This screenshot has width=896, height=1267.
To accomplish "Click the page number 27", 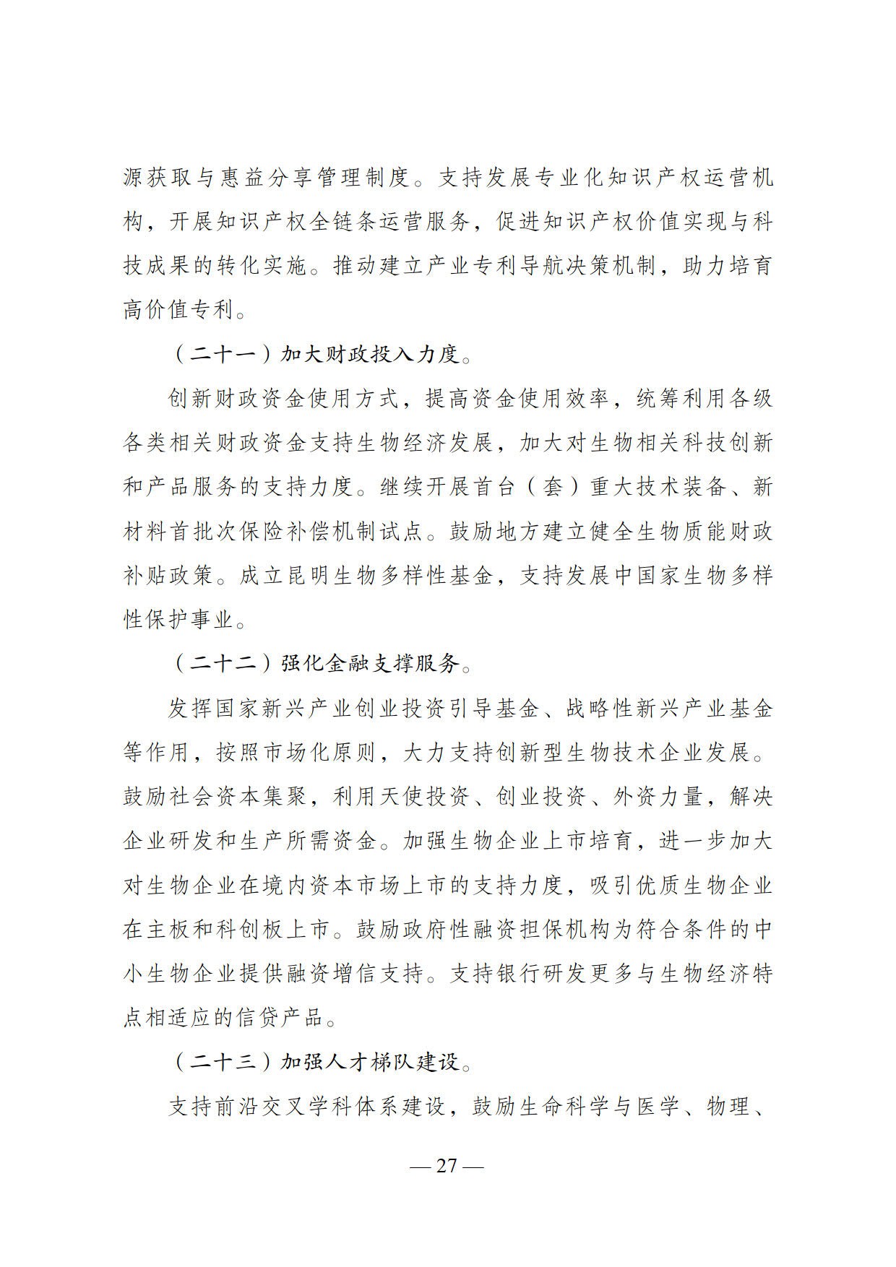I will click(447, 1165).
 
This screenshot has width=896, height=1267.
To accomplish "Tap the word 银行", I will click(518, 973).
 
